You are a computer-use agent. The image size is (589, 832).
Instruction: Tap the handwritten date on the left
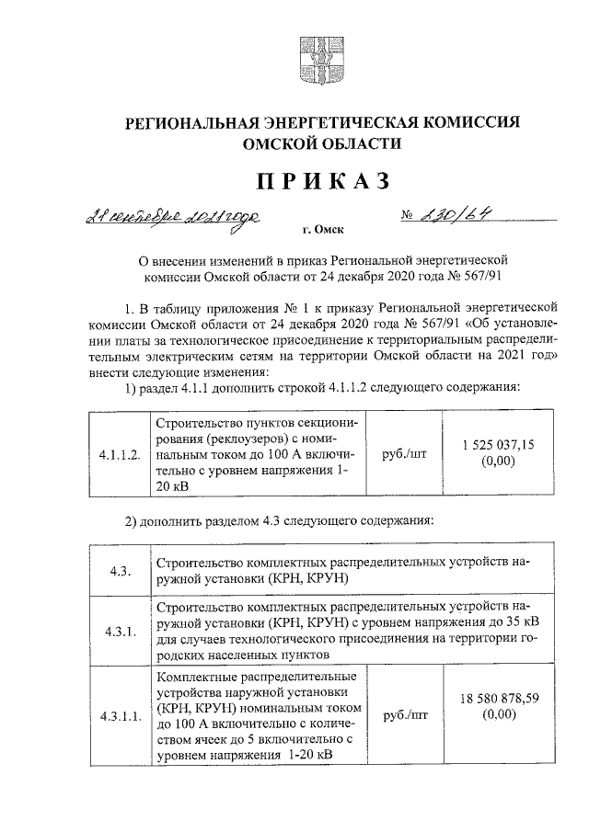tap(171, 219)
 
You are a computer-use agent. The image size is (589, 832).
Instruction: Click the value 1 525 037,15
tap(498, 445)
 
